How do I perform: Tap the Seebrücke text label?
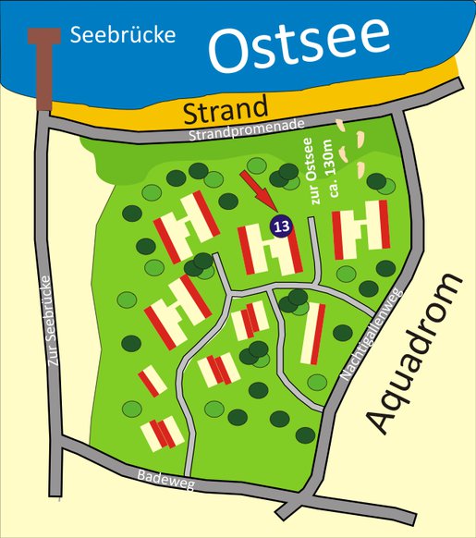click(122, 36)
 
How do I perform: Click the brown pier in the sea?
click(43, 74)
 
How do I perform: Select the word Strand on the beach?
click(226, 112)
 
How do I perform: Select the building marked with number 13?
click(270, 250)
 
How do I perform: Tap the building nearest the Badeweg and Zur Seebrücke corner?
click(160, 433)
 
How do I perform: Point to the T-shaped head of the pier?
click(43, 36)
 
